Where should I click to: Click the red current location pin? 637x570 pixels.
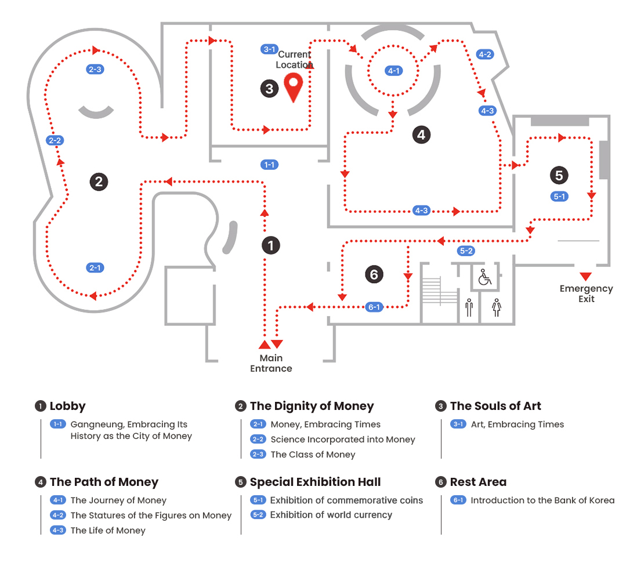(x=295, y=87)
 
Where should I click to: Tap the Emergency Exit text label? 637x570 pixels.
(x=586, y=293)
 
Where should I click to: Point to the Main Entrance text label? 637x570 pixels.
(x=271, y=363)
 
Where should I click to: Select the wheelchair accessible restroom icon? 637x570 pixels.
(x=484, y=278)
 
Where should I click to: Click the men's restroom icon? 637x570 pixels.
(x=469, y=307)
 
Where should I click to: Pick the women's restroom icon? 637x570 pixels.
(x=496, y=307)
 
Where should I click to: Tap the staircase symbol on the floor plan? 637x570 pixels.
(x=440, y=291)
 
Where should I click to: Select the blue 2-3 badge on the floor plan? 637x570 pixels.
(x=95, y=70)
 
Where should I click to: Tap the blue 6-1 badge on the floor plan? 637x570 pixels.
(x=375, y=307)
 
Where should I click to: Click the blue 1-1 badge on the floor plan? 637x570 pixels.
(x=269, y=165)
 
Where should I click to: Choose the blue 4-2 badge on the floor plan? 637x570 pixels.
(x=484, y=55)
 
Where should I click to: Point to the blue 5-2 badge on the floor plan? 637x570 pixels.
(x=466, y=251)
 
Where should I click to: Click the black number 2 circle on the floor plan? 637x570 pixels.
(x=99, y=181)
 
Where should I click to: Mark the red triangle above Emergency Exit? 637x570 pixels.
(x=585, y=276)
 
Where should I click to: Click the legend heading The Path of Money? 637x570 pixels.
(x=104, y=482)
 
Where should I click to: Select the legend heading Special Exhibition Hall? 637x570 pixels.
(x=315, y=482)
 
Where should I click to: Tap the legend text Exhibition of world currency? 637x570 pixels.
(x=331, y=515)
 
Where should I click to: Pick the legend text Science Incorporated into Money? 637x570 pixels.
(x=342, y=440)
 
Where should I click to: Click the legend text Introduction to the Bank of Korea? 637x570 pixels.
(x=542, y=500)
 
